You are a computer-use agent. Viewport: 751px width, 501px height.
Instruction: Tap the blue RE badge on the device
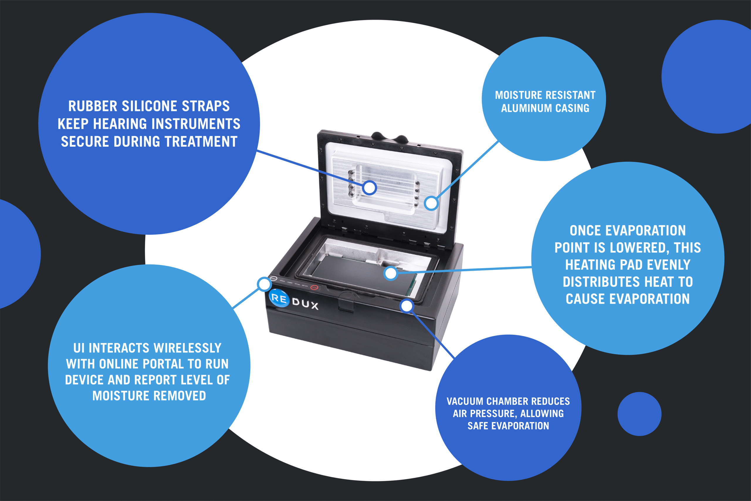(x=279, y=298)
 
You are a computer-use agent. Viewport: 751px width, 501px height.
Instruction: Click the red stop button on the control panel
(x=314, y=287)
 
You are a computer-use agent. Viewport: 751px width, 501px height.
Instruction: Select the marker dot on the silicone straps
(x=369, y=188)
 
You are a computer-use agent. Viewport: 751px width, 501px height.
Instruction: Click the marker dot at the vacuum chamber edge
(x=407, y=306)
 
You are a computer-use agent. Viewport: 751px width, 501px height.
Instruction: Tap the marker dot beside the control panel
(x=264, y=284)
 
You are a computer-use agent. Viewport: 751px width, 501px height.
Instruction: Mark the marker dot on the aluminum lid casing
(x=431, y=203)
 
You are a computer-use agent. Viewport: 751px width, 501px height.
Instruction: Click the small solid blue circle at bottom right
(x=639, y=414)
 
